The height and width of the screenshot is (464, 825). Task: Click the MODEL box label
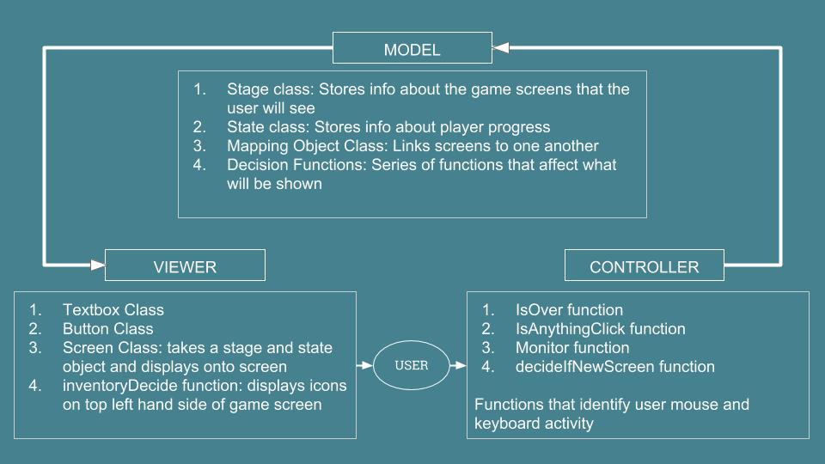point(412,50)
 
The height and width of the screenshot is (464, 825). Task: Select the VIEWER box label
point(185,266)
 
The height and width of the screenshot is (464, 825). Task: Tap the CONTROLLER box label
point(644,266)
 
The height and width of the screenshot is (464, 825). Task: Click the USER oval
point(412,365)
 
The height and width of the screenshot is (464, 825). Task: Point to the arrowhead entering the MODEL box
point(501,48)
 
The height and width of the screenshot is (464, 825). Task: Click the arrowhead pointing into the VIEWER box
point(98,265)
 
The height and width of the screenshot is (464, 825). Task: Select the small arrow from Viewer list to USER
point(364,365)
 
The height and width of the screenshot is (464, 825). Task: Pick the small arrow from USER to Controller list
point(458,365)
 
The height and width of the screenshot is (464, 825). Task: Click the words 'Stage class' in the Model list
point(269,89)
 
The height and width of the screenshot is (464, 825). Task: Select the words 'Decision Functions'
point(296,165)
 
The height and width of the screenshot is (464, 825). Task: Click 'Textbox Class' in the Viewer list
point(113,310)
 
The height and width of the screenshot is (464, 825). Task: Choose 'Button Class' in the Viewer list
point(108,329)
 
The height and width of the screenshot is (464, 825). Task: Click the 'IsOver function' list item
point(569,310)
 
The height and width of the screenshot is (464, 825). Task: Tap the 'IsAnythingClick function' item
point(601,329)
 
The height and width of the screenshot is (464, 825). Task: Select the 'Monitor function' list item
point(572,348)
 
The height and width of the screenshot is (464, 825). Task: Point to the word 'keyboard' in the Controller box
point(507,424)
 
